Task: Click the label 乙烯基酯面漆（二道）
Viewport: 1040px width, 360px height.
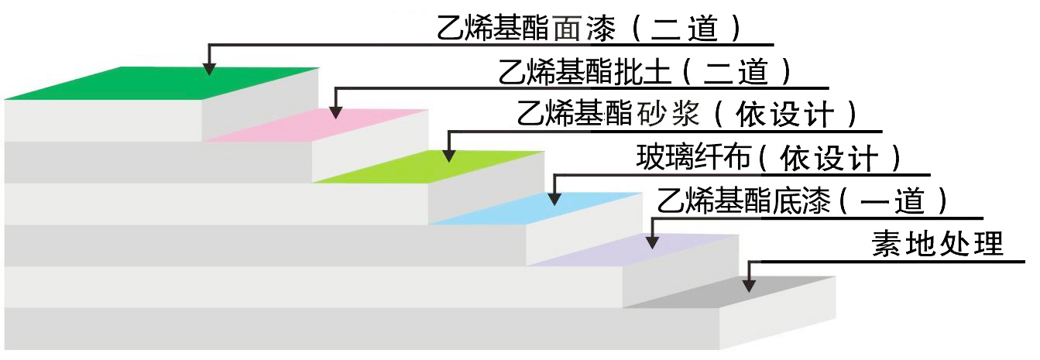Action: point(589,29)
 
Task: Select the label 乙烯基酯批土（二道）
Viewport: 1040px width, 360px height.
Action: point(646,71)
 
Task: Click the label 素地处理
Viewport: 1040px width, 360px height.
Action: point(937,245)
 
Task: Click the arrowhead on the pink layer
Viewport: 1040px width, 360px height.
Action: point(335,112)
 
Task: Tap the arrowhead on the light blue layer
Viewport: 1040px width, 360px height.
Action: point(554,198)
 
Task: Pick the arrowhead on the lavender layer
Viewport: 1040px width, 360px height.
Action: point(652,242)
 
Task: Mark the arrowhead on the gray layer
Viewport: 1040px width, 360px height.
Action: point(748,285)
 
